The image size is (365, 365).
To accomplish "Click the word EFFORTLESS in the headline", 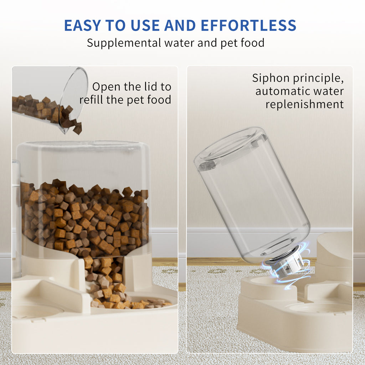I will (248, 26).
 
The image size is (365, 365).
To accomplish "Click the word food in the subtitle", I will (252, 43).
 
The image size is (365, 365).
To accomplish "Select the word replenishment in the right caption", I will (305, 104).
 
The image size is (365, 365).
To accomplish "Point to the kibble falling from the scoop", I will (76, 127).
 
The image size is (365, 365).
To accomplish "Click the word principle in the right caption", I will (314, 78).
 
